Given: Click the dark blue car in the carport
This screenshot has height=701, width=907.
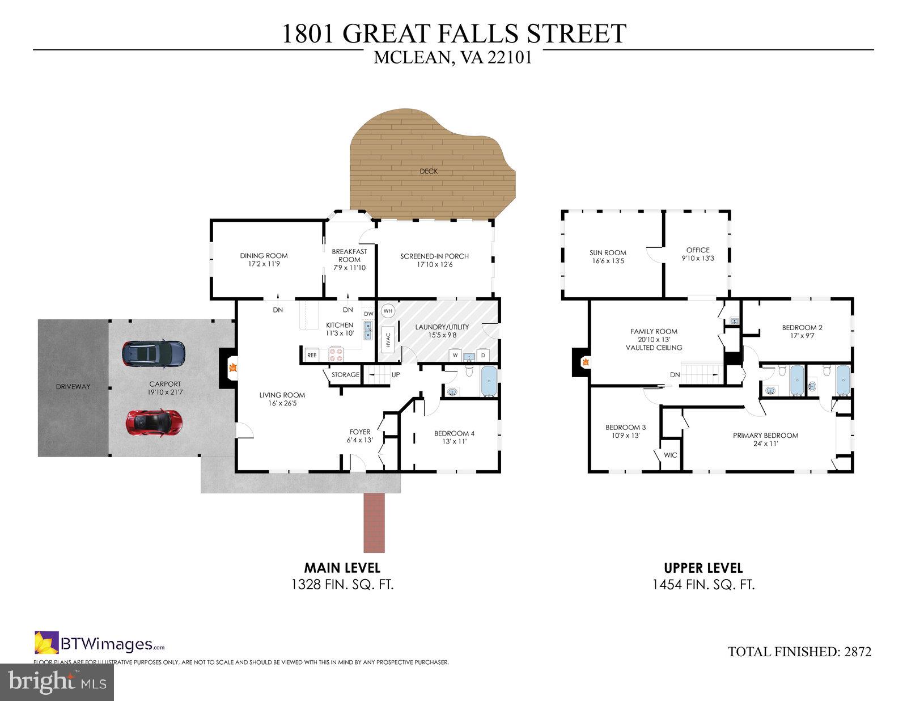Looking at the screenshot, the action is coord(153,354).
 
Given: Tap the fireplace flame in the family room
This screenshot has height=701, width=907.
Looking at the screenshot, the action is coord(586,362).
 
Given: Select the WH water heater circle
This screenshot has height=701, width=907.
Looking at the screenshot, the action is coord(388,311).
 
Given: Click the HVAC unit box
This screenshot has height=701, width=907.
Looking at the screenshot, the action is coord(388,340).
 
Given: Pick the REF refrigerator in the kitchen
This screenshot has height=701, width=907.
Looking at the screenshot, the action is coord(312,355).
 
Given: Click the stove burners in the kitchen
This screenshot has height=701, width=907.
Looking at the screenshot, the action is coord(336,354).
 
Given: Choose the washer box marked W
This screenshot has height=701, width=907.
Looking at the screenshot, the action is coord(455,355).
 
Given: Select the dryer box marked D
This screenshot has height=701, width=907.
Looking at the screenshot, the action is coord(483,355).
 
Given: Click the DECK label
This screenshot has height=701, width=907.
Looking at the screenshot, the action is coord(429,171).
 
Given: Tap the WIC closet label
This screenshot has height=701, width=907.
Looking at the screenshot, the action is coord(671,455).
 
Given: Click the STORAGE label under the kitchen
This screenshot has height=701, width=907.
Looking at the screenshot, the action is coord(345,374).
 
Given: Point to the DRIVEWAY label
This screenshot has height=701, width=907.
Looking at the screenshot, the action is coord(73,387).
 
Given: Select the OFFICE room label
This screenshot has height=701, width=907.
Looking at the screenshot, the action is coord(698,250).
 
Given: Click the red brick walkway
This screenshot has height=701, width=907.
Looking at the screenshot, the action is coord(374,522).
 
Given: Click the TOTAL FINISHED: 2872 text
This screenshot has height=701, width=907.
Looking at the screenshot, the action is coord(800,652).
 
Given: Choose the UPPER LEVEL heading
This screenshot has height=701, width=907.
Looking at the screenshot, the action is coord(703,568).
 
